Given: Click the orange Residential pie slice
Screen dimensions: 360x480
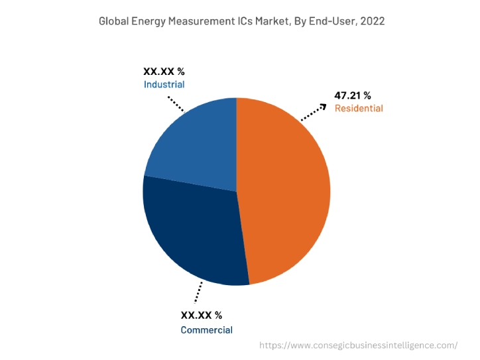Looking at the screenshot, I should click(x=285, y=192).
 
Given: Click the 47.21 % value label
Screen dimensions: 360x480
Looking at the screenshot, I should click(x=353, y=95).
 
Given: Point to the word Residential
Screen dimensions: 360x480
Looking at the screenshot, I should click(x=359, y=108).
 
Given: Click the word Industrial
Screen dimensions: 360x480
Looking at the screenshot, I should click(x=164, y=84).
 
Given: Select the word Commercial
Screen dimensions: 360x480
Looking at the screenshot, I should click(x=206, y=330).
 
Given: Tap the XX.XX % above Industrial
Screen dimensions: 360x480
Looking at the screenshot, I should click(x=164, y=71).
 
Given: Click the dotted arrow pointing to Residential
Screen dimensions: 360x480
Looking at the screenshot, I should click(x=314, y=112).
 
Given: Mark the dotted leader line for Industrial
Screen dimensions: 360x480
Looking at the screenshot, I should click(x=176, y=103).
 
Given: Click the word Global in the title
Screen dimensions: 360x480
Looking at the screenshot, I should click(x=114, y=21).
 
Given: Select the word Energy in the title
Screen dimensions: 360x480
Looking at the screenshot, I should click(x=150, y=21).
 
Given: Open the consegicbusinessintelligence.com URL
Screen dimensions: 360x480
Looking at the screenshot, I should click(x=358, y=345).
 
